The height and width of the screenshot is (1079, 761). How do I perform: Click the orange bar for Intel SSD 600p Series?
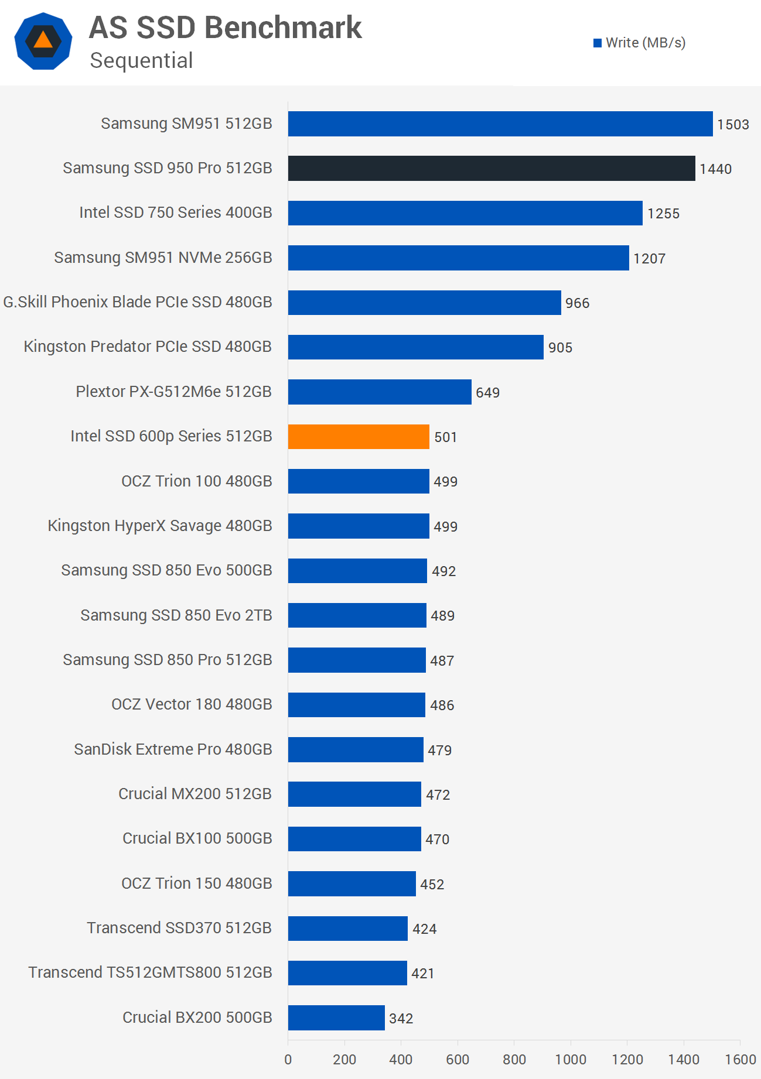tap(359, 437)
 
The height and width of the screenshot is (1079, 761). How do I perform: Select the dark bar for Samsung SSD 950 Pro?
tap(491, 169)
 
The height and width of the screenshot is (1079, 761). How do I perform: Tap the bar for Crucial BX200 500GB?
tap(336, 1018)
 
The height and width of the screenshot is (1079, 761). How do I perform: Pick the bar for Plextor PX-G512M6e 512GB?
tap(380, 392)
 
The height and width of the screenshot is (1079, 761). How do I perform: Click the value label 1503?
tap(733, 125)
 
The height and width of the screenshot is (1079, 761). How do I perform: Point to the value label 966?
tap(577, 303)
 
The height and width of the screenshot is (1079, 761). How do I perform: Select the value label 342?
tap(401, 1019)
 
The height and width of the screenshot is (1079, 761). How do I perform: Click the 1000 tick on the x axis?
tap(571, 1059)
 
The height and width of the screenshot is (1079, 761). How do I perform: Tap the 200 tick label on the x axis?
tap(344, 1059)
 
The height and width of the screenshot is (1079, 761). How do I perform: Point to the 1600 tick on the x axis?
tap(740, 1059)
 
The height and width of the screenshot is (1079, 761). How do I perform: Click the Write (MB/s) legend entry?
tap(639, 43)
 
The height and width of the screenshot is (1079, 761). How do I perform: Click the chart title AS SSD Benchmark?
tap(226, 28)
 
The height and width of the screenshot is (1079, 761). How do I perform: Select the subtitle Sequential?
tap(141, 61)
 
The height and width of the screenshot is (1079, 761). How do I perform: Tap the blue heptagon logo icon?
tap(43, 41)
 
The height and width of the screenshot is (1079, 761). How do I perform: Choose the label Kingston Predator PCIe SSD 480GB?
tap(148, 347)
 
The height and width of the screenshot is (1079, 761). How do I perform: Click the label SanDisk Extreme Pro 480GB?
tap(173, 749)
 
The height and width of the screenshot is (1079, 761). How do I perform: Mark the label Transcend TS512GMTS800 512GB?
tap(150, 972)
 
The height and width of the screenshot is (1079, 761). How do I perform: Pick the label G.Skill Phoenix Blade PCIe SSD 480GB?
tap(138, 302)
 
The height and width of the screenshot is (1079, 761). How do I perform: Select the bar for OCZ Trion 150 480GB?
tap(352, 883)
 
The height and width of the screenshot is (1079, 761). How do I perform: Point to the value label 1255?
tap(663, 214)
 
